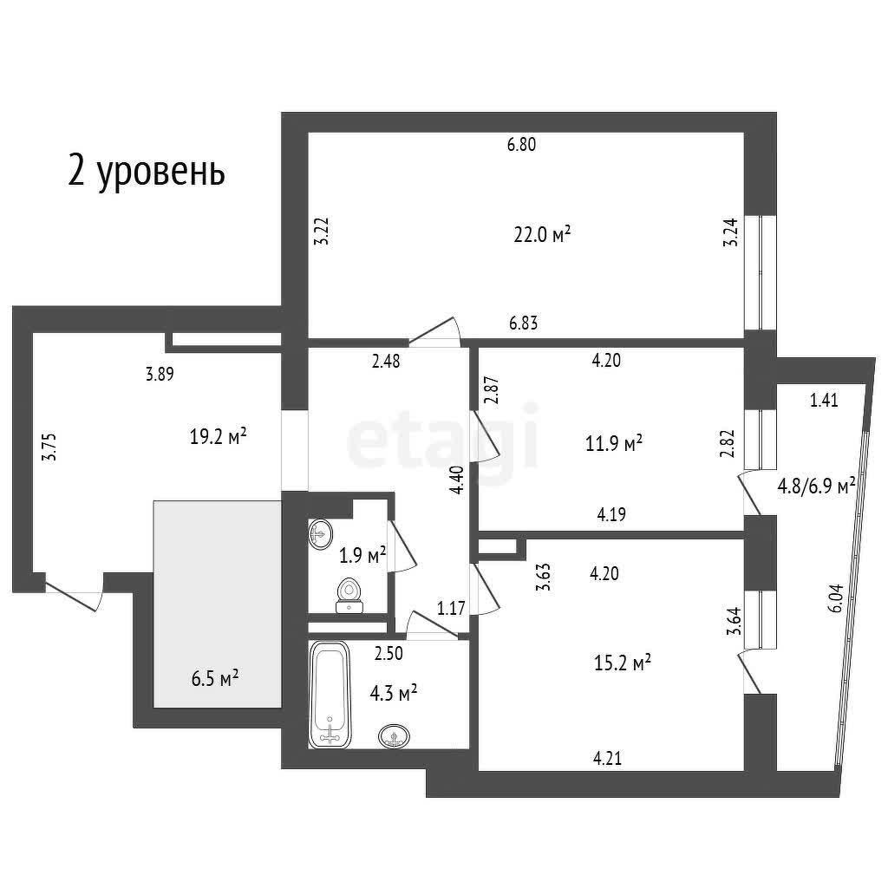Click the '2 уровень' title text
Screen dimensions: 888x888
(146, 172)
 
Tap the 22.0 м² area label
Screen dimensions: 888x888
(542, 234)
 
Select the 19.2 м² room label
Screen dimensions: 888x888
(218, 437)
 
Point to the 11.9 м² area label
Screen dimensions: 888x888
(614, 443)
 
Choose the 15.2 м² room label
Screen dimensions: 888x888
(623, 662)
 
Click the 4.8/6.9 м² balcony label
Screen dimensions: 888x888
(816, 486)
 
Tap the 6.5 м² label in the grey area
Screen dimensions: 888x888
(215, 678)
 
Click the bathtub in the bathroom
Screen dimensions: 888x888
(330, 695)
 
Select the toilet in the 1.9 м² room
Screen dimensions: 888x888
(349, 596)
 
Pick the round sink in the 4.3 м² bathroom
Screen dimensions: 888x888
(395, 736)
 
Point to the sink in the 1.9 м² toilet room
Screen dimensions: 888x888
(321, 534)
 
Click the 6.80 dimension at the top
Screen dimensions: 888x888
(521, 145)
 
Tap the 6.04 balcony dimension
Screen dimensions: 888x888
(835, 598)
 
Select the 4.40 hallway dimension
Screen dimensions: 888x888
(458, 480)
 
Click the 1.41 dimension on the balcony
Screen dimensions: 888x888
(824, 401)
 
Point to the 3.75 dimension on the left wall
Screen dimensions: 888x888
(50, 447)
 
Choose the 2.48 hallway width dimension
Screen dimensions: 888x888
(386, 361)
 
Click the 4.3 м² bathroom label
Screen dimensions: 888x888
(394, 693)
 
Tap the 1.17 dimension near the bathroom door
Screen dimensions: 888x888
(451, 608)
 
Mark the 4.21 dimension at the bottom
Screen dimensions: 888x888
(607, 758)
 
